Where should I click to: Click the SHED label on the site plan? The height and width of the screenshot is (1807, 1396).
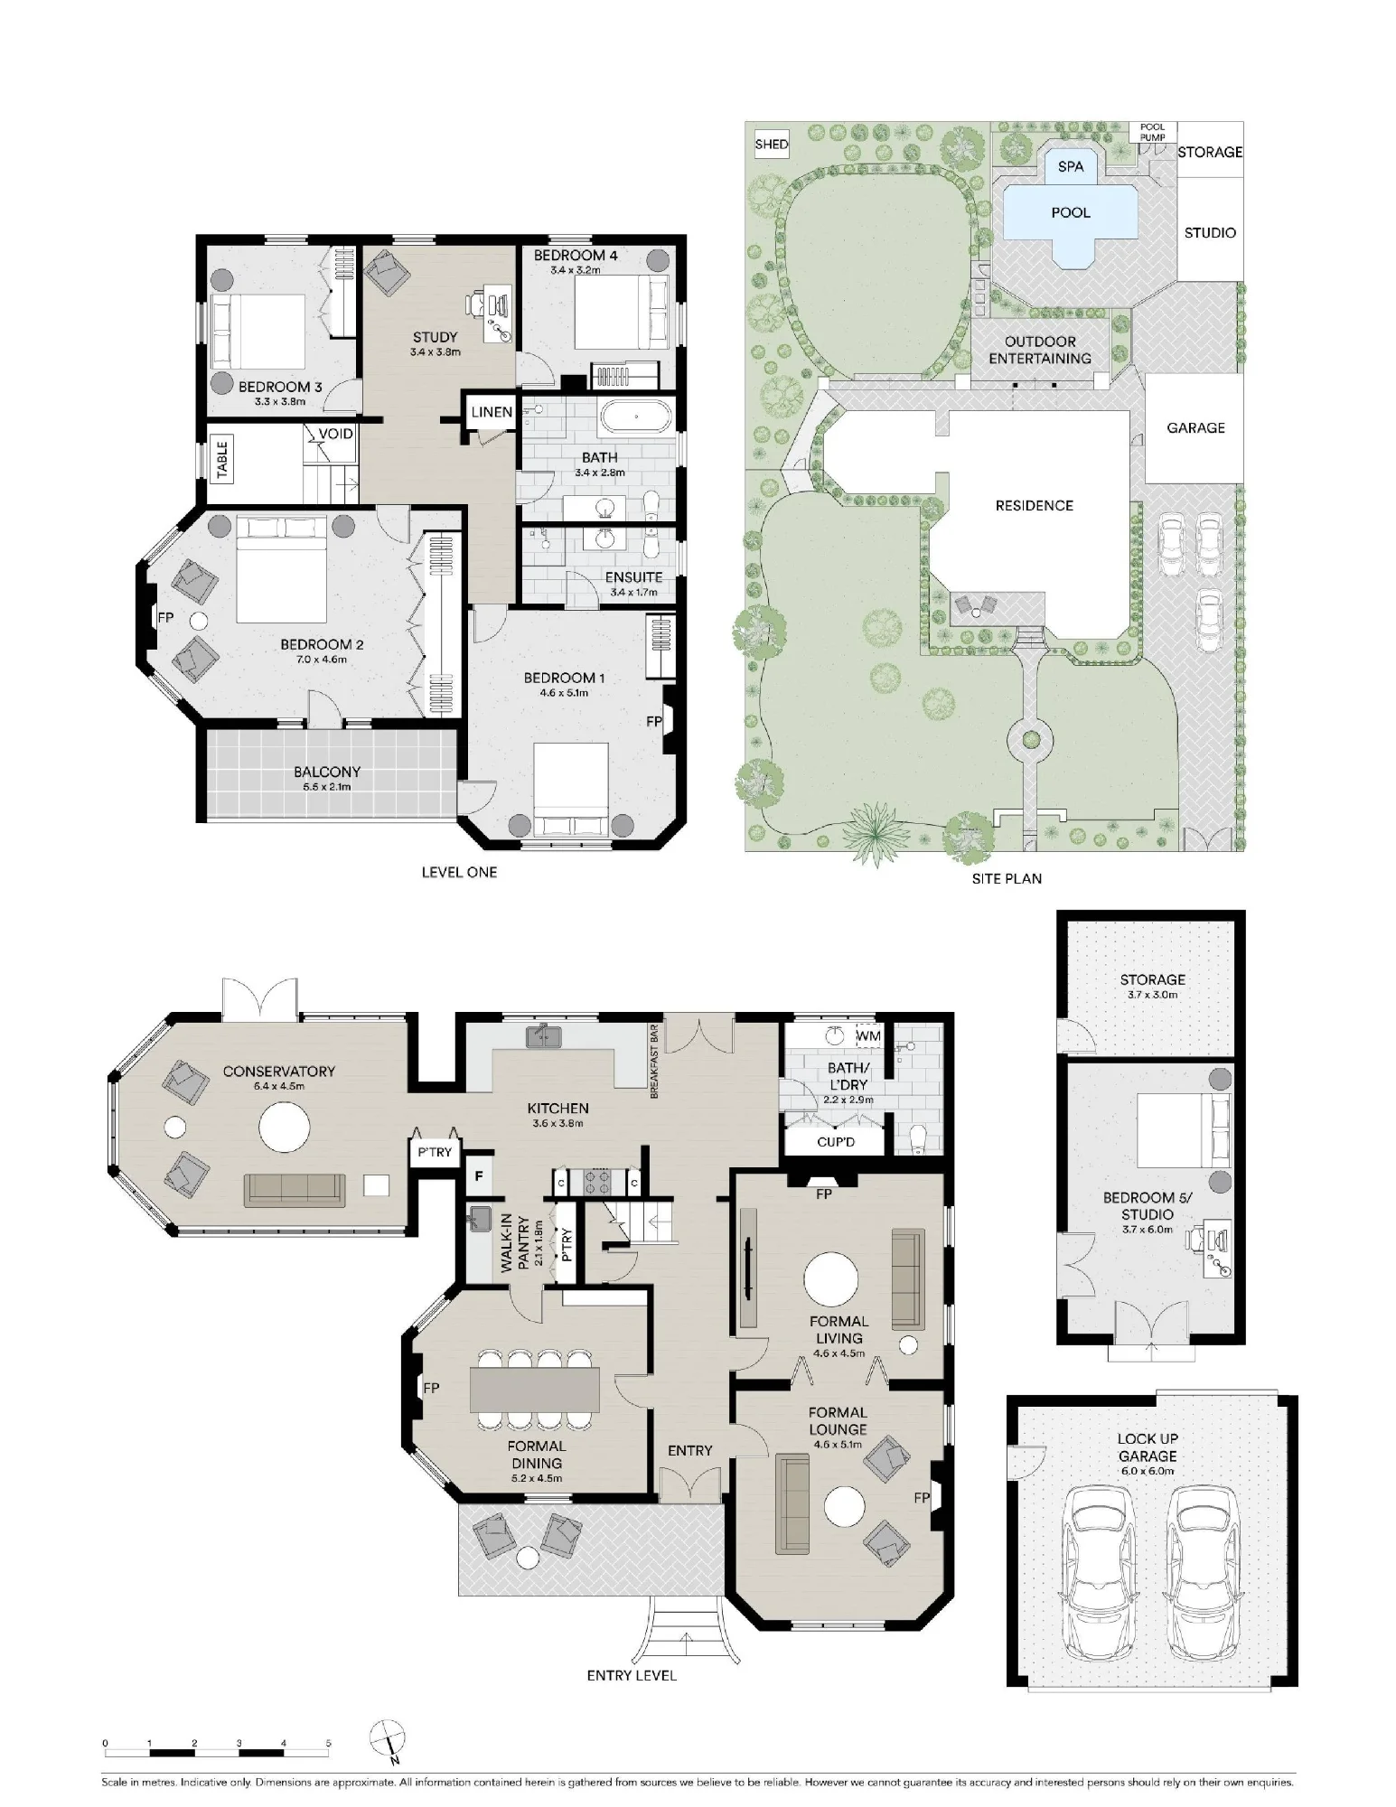pos(772,145)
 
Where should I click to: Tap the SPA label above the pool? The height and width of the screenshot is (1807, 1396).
pos(1071,166)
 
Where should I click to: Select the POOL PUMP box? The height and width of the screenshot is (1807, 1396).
pos(1152,132)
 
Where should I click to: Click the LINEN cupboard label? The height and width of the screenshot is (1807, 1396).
pos(492,412)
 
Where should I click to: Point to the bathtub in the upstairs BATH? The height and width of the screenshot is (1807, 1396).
pos(636,417)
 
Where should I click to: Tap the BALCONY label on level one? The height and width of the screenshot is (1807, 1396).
pos(327,772)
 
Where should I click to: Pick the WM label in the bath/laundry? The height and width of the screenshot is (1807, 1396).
pos(868,1035)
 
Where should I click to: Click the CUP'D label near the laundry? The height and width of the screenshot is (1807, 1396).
pos(836,1143)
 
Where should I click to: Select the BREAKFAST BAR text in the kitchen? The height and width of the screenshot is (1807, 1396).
pos(654,1061)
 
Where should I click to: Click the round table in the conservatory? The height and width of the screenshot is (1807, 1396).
pos(285,1127)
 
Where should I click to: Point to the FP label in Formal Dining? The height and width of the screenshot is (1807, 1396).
pos(431,1388)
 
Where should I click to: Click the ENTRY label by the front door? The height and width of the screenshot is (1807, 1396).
pos(690,1450)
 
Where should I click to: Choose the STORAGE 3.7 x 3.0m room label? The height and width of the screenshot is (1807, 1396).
pos(1152,986)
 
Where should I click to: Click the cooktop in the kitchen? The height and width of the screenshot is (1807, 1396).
pos(598,1181)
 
